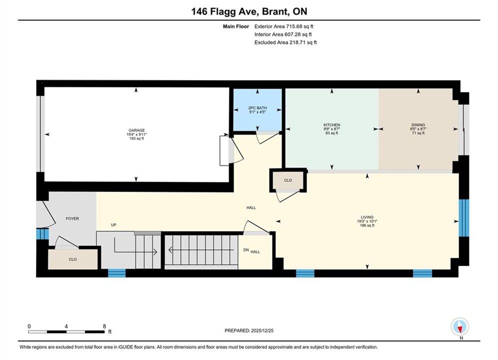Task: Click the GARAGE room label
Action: [137, 130]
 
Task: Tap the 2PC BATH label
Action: [257, 108]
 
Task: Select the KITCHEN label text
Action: [331, 125]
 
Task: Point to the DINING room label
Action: [418, 125]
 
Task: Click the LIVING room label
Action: [367, 217]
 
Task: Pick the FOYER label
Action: [73, 218]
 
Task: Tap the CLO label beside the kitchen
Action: [288, 180]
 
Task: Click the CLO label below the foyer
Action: [73, 259]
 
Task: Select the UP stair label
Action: [114, 225]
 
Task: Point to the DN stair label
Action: [246, 250]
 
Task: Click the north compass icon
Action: [459, 326]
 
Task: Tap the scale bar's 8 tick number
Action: [105, 326]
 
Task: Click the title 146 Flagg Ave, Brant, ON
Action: [249, 11]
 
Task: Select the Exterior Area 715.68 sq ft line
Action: [284, 26]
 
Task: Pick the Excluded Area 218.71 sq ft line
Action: [285, 42]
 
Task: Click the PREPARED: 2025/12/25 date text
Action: [249, 330]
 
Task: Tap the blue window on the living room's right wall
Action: [463, 218]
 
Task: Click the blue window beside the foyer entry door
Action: [42, 234]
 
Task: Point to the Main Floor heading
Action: [236, 26]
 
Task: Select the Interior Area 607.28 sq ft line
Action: [283, 34]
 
